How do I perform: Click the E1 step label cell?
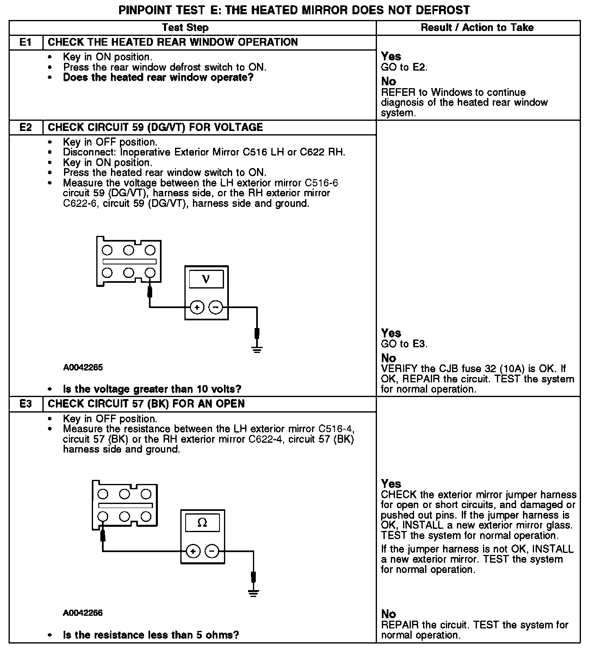tap(26, 42)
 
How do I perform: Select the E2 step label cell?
tap(26, 127)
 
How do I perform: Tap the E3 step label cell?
tap(26, 404)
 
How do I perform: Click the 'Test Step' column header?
tap(185, 28)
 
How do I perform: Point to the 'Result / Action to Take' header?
tap(477, 28)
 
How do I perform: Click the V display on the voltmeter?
tap(206, 280)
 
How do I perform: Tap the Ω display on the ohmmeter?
tap(202, 523)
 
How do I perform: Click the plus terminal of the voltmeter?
tap(197, 307)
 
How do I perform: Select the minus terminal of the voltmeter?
tap(216, 307)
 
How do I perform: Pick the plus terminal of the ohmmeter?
tap(193, 552)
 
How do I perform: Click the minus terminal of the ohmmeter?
tap(212, 552)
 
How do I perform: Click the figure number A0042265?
tap(83, 368)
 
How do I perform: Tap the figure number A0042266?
tap(83, 613)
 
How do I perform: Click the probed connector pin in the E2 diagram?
tap(150, 272)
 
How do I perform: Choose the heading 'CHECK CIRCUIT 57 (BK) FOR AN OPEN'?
tap(146, 404)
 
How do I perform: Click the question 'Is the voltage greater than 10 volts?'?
tap(152, 389)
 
